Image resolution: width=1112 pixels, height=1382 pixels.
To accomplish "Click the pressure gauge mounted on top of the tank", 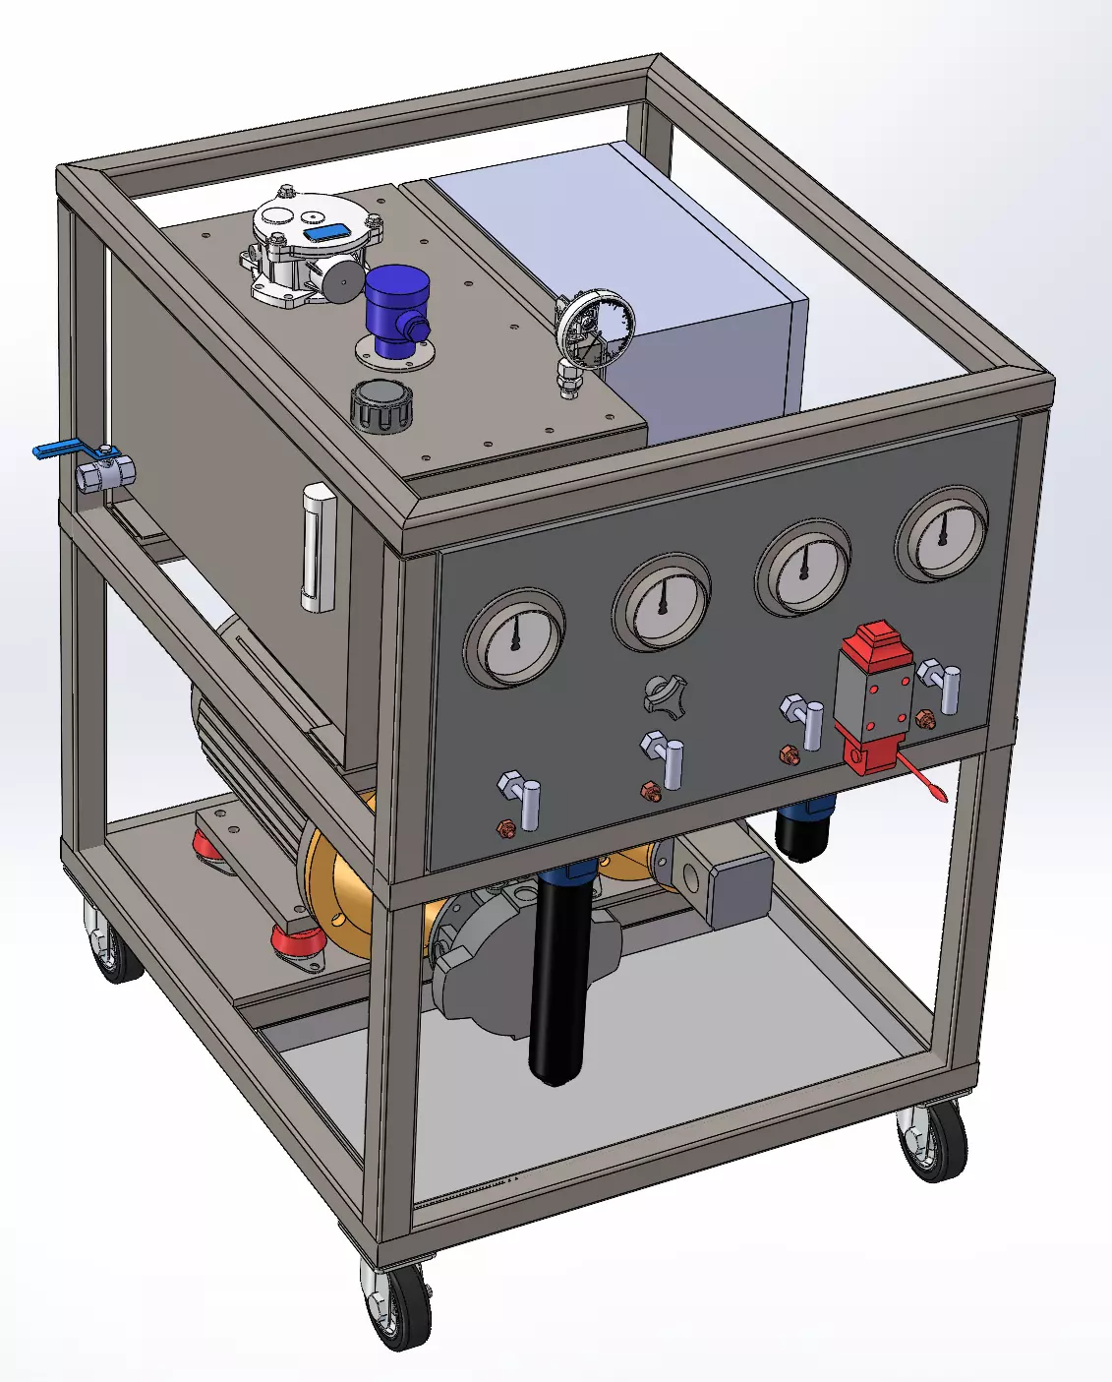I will [x=595, y=329].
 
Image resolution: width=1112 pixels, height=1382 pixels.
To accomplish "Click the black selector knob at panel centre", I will [x=665, y=693].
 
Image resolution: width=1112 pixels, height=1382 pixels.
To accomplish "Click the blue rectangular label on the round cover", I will [x=323, y=233].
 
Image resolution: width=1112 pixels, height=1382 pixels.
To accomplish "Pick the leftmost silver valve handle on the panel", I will [x=527, y=803].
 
